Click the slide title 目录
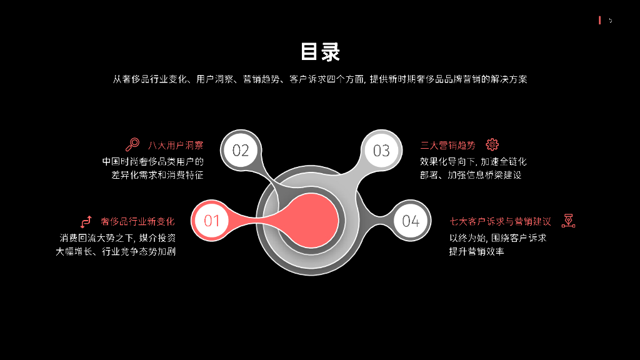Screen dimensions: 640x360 pos(320,52)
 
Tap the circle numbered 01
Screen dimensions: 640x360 pos(212,221)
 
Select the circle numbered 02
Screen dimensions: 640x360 pos(241,150)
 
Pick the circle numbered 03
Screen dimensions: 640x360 pos(381,150)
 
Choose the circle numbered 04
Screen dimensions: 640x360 pos(411,221)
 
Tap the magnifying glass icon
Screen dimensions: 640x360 pos(132,145)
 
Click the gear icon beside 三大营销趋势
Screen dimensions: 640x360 pos(492,145)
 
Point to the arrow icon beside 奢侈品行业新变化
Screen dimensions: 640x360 pos(86,221)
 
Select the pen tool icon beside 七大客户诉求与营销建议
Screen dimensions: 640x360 pos(568,221)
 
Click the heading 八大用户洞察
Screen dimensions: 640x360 pos(176,146)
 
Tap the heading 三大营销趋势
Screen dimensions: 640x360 pos(447,146)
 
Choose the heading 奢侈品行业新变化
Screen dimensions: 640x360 pos(137,221)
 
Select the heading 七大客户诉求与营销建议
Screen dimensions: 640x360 pos(500,221)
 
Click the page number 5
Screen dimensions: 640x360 pos(611,21)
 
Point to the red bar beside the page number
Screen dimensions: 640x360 pos(600,21)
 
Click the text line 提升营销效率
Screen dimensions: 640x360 pos(476,251)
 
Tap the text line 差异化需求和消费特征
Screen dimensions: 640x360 pos(157,175)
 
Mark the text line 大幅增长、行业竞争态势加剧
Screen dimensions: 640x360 pos(116,251)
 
